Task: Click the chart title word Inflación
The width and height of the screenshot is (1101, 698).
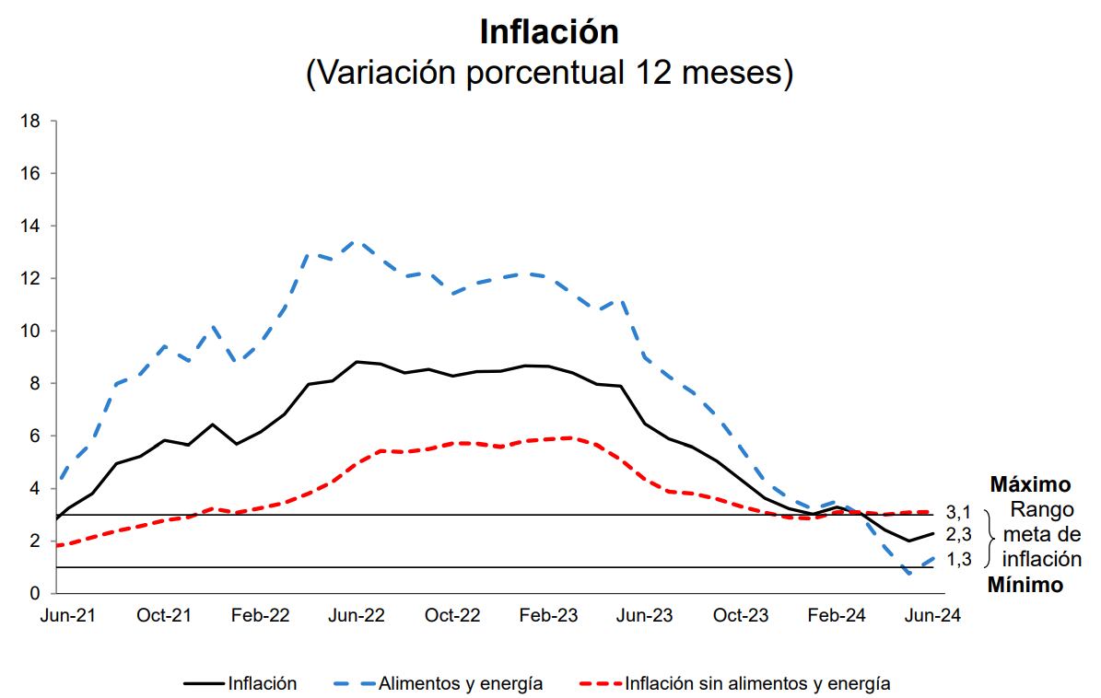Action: click(549, 31)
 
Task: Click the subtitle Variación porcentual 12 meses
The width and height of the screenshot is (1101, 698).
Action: click(549, 74)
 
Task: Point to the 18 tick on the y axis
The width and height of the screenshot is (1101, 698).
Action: click(30, 121)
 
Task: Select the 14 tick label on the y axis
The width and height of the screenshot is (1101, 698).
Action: click(30, 226)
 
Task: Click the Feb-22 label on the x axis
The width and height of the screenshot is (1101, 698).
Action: click(260, 616)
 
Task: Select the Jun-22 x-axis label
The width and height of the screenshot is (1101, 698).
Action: click(356, 616)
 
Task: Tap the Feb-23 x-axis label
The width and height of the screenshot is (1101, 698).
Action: click(549, 616)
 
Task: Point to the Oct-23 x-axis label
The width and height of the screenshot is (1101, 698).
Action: click(741, 616)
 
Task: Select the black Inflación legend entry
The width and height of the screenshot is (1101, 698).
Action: click(263, 683)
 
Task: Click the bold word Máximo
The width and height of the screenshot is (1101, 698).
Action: click(1030, 485)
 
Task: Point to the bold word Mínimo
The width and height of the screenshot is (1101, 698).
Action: click(1025, 584)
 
